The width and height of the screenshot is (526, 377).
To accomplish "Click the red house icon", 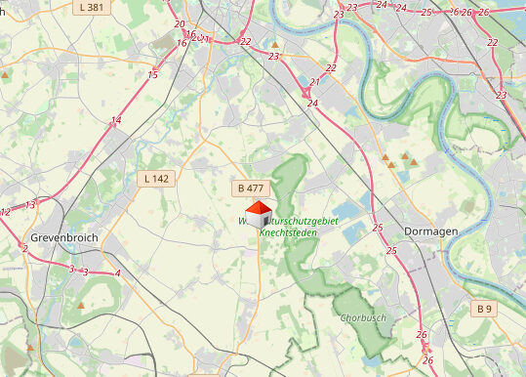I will click(258, 215).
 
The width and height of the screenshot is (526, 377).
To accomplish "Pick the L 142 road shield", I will click(155, 179).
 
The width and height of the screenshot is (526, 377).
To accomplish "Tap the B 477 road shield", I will click(249, 188).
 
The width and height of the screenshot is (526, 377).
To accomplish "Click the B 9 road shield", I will click(485, 309).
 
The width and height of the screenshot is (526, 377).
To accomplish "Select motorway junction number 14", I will click(116, 121).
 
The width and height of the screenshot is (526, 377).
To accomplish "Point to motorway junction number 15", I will click(153, 75).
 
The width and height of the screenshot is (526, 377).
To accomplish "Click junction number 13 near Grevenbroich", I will click(30, 205).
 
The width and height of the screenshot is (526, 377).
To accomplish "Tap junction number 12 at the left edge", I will click(6, 212).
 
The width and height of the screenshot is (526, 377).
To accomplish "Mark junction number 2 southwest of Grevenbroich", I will click(24, 248).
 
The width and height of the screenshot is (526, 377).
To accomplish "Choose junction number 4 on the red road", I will click(117, 273).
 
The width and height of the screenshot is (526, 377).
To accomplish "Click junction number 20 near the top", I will click(179, 24).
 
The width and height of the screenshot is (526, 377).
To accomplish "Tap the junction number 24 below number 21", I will click(311, 104).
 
